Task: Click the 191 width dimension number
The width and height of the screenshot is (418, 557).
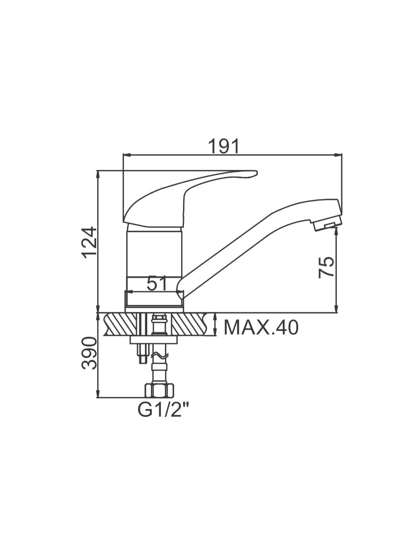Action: tap(223, 146)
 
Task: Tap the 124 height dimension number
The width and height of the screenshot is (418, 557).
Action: tap(89, 242)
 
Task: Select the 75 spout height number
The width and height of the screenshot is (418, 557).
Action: tap(326, 267)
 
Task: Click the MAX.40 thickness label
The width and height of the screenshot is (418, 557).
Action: tap(261, 327)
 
